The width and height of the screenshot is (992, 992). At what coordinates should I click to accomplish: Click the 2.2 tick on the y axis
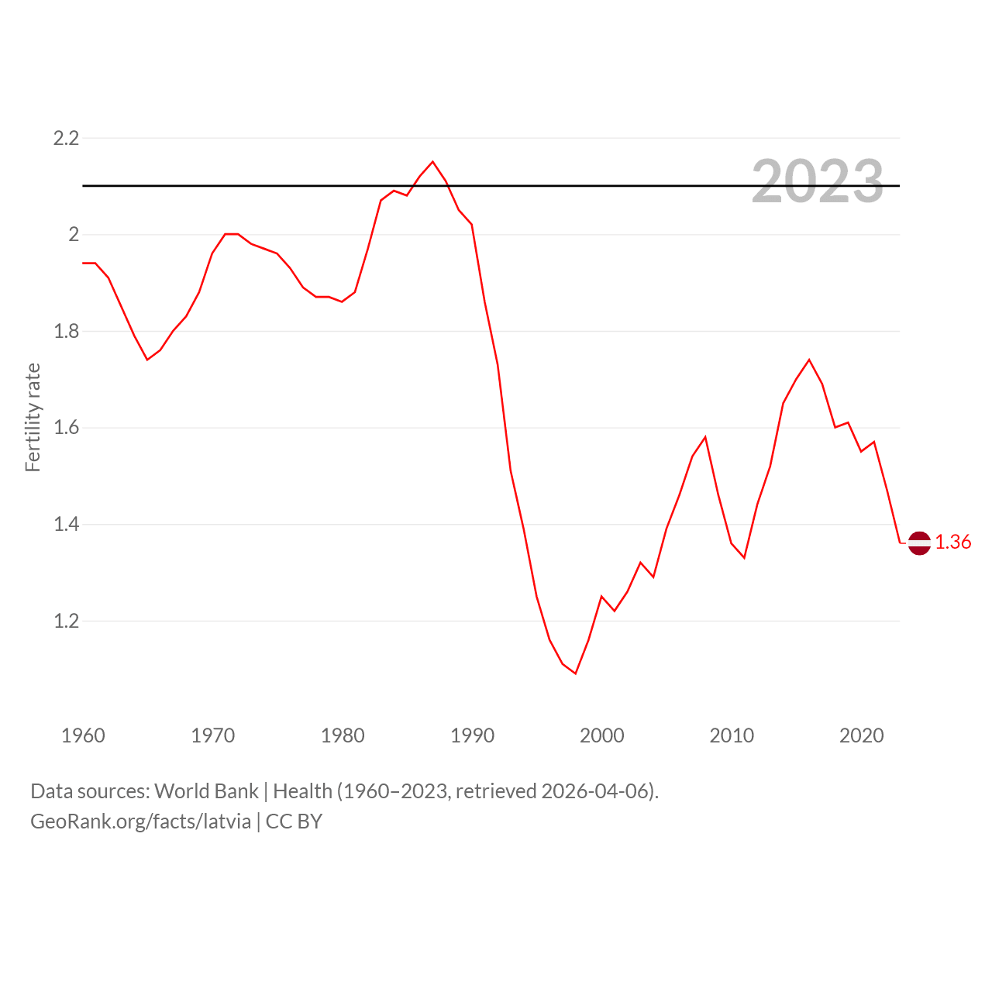66,138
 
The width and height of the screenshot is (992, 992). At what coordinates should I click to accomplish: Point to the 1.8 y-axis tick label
66,331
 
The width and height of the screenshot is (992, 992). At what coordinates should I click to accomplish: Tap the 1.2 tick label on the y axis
66,621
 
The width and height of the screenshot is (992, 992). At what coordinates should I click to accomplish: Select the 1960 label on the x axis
83,735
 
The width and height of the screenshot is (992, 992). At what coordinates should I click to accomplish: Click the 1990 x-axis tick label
472,735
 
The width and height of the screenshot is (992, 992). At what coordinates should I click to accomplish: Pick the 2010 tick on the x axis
732,735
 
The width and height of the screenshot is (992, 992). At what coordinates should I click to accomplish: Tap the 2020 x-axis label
861,735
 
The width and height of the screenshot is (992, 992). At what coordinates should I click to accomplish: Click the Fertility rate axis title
33,417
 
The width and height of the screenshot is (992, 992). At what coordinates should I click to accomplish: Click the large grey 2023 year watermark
818,181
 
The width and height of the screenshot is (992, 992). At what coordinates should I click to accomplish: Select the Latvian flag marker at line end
919,542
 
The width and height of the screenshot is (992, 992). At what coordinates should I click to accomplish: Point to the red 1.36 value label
953,542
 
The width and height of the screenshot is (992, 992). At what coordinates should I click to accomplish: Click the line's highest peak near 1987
432,162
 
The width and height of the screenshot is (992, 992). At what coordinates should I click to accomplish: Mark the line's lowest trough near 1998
576,673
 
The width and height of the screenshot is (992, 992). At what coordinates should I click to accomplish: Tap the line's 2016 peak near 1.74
809,360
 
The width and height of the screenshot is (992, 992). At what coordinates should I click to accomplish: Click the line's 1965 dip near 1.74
147,360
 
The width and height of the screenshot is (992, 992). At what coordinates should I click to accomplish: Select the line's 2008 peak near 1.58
705,437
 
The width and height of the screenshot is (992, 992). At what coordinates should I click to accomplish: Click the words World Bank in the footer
206,791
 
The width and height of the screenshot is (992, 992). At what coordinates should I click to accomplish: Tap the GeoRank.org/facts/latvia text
140,821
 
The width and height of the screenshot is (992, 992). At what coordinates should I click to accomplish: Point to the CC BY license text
294,821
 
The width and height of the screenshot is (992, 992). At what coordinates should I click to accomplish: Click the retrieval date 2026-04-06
597,791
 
